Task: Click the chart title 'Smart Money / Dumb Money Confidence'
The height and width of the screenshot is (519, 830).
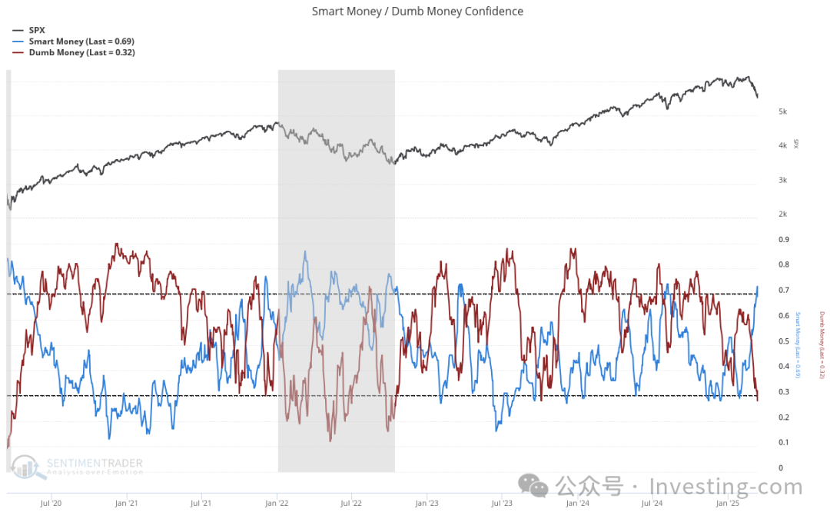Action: tap(417, 12)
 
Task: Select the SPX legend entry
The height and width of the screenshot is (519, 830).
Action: tap(36, 30)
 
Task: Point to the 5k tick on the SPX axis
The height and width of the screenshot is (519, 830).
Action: tap(782, 112)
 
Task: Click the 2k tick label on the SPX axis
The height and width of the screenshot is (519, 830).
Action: tap(782, 215)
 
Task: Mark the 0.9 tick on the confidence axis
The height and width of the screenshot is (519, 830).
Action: tap(783, 240)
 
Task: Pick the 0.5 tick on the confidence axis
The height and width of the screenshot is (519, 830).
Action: tap(783, 341)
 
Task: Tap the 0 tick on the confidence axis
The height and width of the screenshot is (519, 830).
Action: tap(780, 468)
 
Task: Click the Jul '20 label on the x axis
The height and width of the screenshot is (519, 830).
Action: tap(51, 504)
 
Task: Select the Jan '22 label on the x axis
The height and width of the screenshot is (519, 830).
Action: tap(277, 504)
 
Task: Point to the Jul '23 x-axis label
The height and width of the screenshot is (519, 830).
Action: tap(502, 504)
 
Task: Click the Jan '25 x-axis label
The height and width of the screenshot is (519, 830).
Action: tap(728, 504)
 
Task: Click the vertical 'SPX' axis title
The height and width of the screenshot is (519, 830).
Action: tap(797, 144)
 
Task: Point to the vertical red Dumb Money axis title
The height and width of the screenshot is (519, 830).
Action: tap(821, 344)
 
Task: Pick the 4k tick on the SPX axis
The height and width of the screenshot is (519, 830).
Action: tap(782, 146)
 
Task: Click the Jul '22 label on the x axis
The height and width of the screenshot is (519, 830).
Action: tap(351, 504)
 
